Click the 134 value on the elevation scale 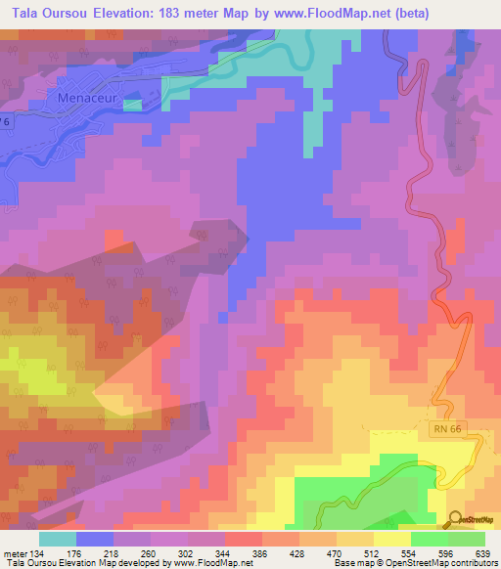(x=37, y=552)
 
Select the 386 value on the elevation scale (x=259, y=552)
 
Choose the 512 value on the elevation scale (x=371, y=552)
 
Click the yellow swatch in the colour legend (x=390, y=539)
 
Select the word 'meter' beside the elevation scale (x=14, y=552)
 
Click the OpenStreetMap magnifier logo (x=456, y=518)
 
